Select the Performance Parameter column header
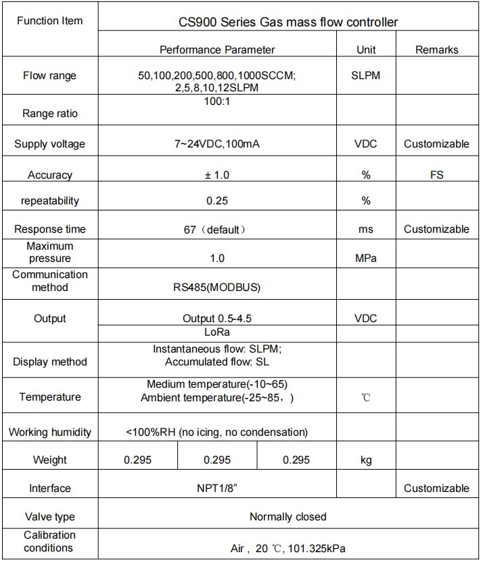pos(217,49)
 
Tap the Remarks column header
pos(436,49)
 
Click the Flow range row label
pos(49,75)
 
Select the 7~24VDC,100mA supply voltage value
pos(217,143)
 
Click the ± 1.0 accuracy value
pos(217,175)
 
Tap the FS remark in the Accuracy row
pos(436,175)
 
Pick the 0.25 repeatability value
pos(217,200)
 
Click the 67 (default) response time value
pos(217,229)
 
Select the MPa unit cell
pos(366,258)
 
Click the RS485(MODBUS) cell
pos(216,287)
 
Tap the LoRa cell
pos(217,332)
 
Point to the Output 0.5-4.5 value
pos(217,318)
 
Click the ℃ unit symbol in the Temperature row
pos(366,397)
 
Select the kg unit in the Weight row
pos(366,460)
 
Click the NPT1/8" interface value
pos(217,488)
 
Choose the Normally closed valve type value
pos(288,516)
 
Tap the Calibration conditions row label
pos(49,541)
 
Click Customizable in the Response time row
pos(436,229)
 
